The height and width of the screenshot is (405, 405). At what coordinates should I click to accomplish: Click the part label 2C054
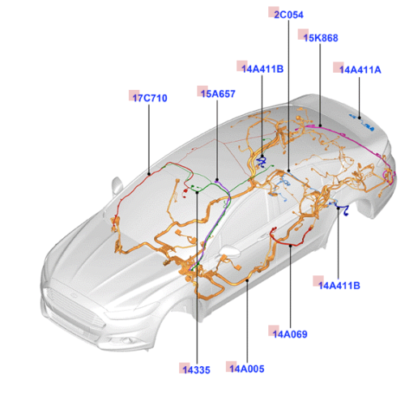click(x=288, y=15)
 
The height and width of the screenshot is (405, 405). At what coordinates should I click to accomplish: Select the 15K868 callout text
click(x=321, y=38)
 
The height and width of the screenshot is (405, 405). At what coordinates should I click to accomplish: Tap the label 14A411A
click(x=360, y=70)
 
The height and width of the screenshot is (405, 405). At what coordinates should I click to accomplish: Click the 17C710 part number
click(x=150, y=98)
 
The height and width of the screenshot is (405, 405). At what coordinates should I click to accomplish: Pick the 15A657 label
click(x=218, y=94)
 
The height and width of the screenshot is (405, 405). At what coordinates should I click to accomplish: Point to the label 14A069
click(x=290, y=335)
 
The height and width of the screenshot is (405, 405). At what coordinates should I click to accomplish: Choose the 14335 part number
click(x=196, y=370)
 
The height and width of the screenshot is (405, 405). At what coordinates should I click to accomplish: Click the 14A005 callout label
click(x=247, y=369)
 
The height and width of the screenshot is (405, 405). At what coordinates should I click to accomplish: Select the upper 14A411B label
click(x=262, y=69)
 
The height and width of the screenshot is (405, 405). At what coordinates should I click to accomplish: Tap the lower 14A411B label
click(x=339, y=285)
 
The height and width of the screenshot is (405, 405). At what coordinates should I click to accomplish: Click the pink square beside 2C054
click(x=273, y=12)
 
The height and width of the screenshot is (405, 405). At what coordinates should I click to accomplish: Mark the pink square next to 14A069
click(x=274, y=330)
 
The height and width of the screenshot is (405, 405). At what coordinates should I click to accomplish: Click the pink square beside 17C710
click(x=134, y=96)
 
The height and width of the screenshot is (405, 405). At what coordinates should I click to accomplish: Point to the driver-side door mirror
click(x=117, y=185)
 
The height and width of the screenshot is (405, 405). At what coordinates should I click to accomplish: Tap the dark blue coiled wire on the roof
click(x=262, y=162)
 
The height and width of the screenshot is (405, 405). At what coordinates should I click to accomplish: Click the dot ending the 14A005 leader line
click(x=247, y=281)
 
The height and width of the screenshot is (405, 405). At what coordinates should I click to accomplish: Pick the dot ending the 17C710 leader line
click(x=149, y=174)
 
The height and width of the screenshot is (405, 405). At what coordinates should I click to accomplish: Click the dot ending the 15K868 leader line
click(x=320, y=126)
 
